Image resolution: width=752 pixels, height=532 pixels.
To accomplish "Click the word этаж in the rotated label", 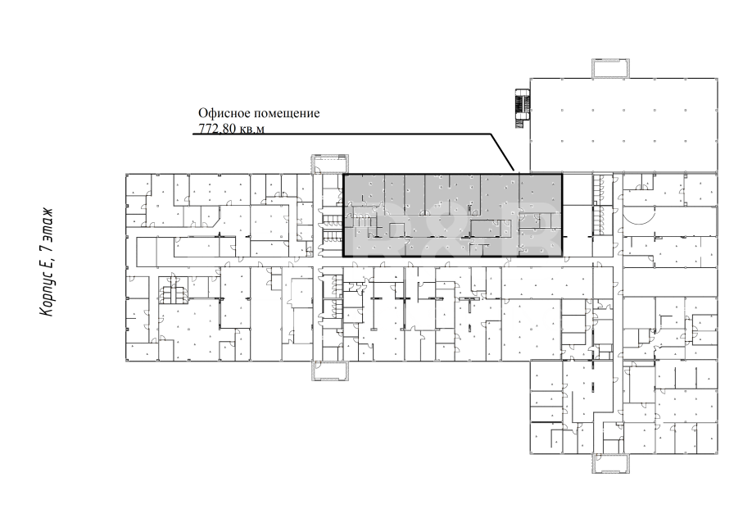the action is coord(46,224).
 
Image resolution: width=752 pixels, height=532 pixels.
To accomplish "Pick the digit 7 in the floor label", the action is coord(46,248).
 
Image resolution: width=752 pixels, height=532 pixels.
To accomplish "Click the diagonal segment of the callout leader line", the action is coord(502,152).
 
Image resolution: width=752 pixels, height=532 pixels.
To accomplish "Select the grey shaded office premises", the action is coord(453,216).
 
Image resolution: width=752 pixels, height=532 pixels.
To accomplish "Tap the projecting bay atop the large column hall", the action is coord(610,68).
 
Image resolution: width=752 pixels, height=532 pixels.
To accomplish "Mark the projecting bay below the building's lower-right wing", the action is coord(610,463).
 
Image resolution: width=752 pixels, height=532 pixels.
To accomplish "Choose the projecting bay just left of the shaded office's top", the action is coord(330,164).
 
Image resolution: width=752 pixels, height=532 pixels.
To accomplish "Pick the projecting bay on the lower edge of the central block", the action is coord(330,371).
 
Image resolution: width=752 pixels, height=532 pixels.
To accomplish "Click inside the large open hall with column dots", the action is coord(623,125).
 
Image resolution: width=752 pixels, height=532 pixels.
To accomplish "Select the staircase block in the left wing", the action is coord(173,289).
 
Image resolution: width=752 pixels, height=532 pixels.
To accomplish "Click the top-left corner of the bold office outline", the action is coord(344,174).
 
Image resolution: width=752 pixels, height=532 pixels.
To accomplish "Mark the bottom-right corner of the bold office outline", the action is coord(562,257).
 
